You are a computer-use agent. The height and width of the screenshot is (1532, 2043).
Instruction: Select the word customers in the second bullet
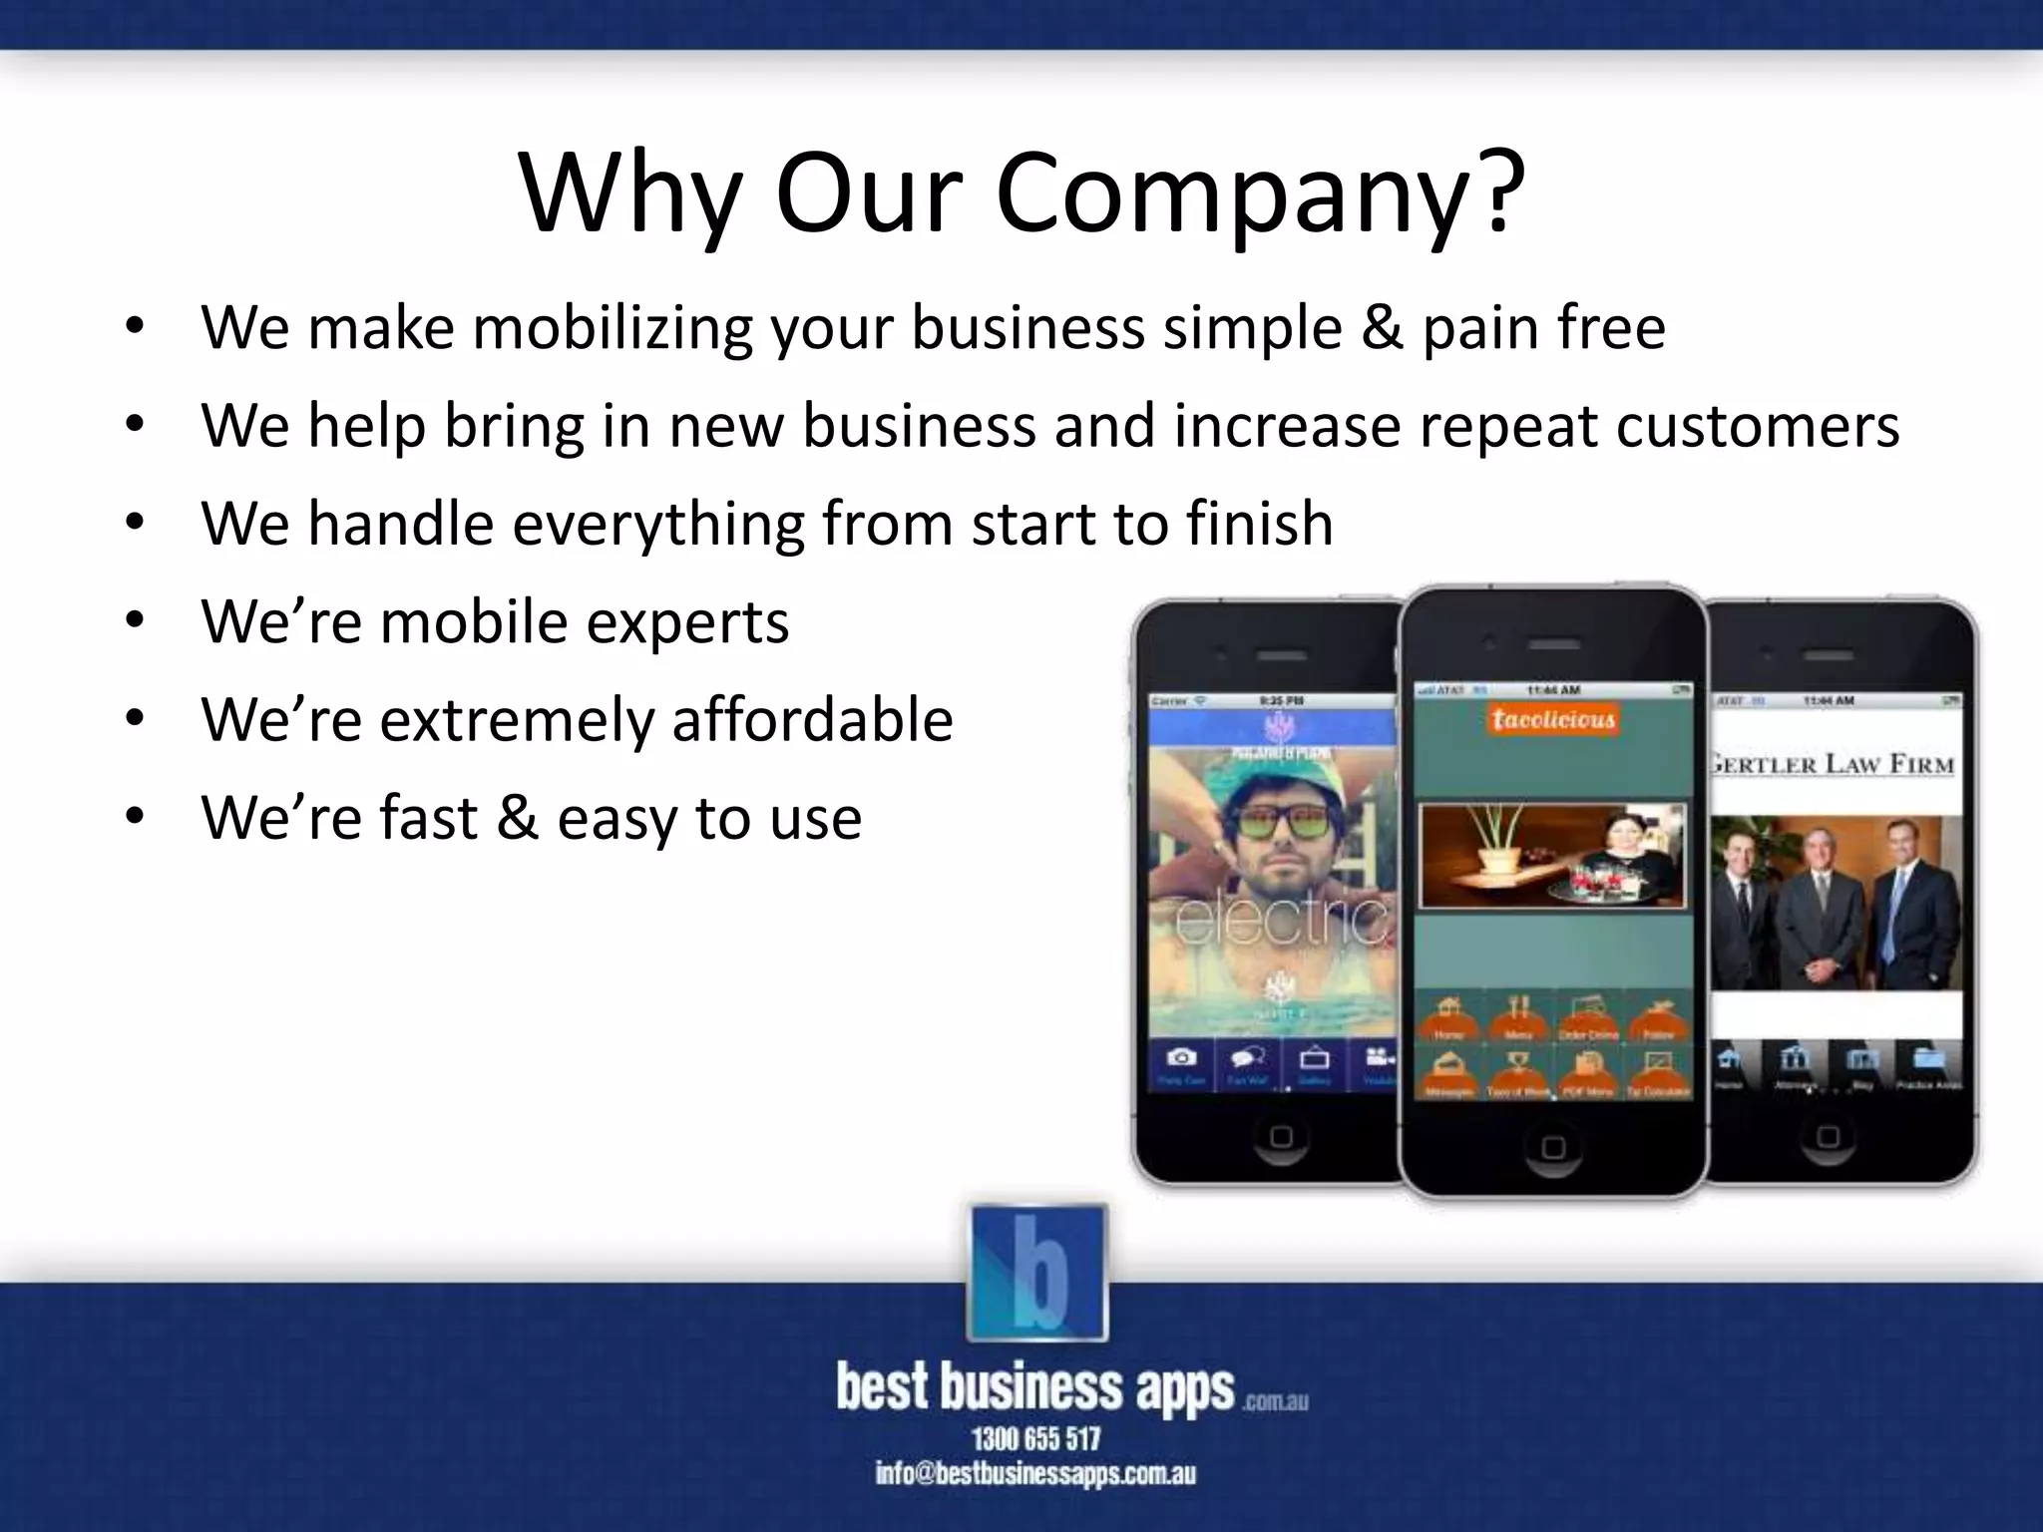tap(1757, 425)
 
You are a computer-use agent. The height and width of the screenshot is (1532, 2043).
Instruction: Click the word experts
tap(687, 620)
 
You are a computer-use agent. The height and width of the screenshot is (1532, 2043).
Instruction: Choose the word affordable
tap(812, 718)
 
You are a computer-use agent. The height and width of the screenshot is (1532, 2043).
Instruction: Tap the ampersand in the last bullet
tap(518, 817)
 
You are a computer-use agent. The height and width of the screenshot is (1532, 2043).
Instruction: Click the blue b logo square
tap(1037, 1272)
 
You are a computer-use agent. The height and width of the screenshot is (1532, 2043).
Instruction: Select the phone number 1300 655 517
tap(1036, 1438)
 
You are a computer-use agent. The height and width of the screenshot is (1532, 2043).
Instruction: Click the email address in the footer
tap(1035, 1474)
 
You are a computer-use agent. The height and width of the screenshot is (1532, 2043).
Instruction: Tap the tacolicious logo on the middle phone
tap(1553, 719)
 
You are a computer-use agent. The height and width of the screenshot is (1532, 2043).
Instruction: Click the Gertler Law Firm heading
tap(1832, 765)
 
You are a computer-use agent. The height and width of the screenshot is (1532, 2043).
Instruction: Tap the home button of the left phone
tap(1281, 1136)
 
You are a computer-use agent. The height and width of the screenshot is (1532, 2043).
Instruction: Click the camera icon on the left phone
tap(1182, 1058)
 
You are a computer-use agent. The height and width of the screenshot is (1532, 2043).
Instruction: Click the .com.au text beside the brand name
tap(1275, 1401)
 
